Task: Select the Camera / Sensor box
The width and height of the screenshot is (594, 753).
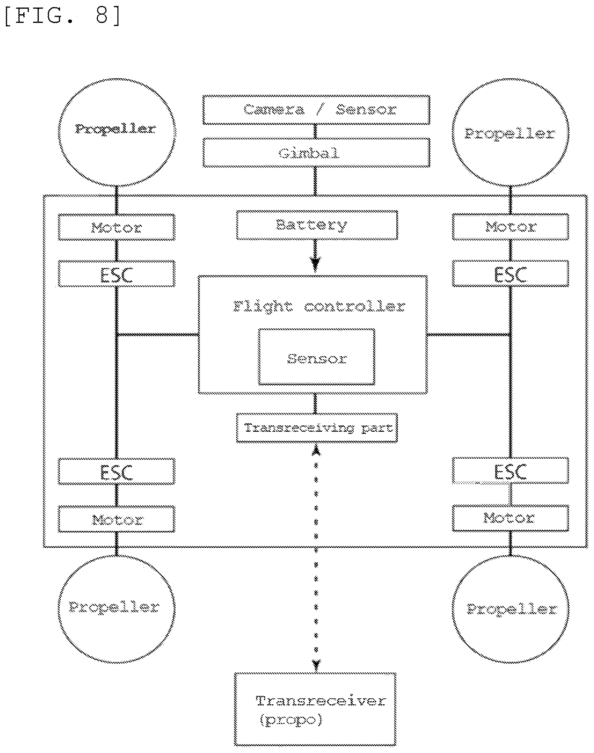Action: [x=316, y=110]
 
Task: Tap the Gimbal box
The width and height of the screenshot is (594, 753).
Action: [x=316, y=153]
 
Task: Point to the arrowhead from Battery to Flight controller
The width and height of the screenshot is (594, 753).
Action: [x=316, y=264]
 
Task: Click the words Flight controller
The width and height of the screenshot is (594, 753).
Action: [x=319, y=307]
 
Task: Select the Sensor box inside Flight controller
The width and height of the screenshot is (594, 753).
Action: [x=316, y=357]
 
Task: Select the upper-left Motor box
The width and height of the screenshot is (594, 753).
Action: [x=116, y=227]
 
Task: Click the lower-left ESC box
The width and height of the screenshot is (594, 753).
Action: [x=116, y=471]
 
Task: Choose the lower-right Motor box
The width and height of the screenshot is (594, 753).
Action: [x=511, y=518]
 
